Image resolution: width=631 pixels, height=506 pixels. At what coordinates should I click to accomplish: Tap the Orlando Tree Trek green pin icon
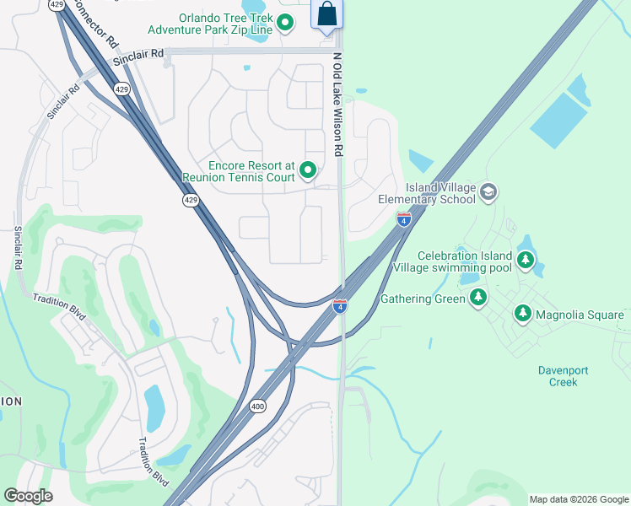pos(285,23)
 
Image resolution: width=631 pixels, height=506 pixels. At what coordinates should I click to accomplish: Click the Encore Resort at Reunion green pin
pos(308,171)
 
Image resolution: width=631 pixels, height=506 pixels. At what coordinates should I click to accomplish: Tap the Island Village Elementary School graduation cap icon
pos(488,193)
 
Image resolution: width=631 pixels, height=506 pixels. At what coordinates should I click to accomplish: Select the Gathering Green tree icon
pos(478,298)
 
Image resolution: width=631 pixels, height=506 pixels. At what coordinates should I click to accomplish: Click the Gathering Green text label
pos(423,299)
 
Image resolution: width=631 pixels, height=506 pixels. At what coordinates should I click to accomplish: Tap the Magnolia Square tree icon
pos(523,315)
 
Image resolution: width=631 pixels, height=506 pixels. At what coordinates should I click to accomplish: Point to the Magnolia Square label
pos(580,315)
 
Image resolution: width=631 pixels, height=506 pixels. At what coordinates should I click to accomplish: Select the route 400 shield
pos(258,406)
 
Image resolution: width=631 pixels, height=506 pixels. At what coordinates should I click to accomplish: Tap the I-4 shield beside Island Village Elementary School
pos(404,220)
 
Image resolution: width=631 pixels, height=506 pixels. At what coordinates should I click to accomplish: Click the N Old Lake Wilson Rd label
pos(338,105)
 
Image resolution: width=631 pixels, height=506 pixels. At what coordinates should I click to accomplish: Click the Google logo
pos(29,496)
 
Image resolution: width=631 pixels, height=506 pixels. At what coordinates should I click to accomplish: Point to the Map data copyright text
pos(578,499)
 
